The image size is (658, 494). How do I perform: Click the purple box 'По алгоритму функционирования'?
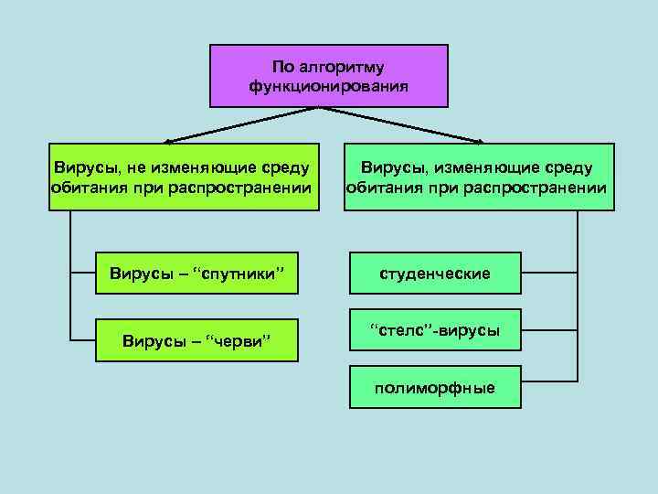pos(329,76)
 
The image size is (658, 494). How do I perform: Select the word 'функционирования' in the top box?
pos(329,86)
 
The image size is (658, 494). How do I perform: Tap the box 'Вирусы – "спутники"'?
pos(197,273)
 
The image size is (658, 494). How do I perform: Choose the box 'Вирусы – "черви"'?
pos(197,340)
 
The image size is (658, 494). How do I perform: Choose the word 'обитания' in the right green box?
pos(379,188)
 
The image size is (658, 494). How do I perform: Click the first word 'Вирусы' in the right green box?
pos(394,168)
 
